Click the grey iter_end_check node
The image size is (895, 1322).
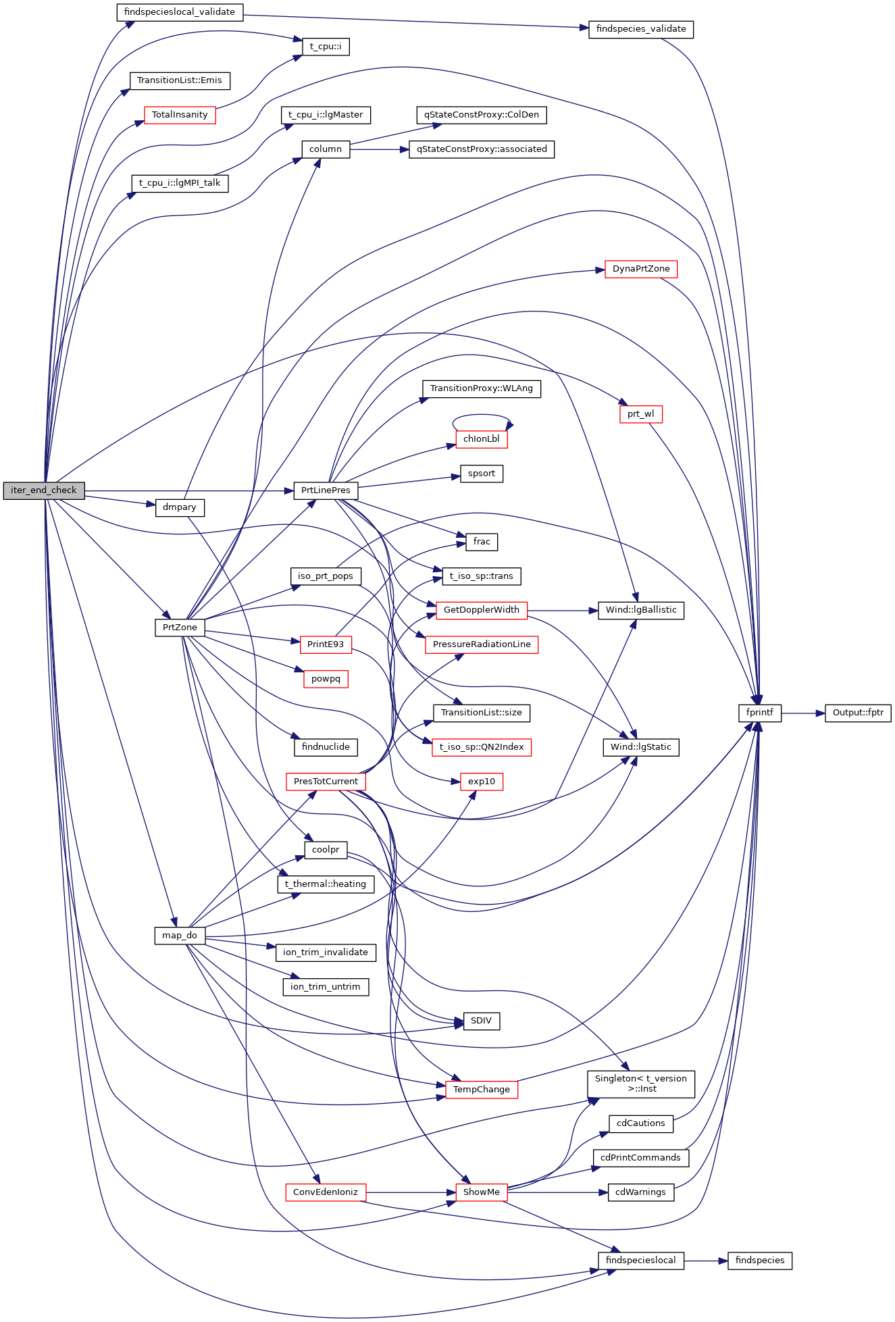click(44, 490)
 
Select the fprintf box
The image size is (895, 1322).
click(760, 713)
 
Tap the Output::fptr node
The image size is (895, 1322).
click(858, 713)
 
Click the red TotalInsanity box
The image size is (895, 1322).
click(180, 115)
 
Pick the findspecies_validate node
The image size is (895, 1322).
click(641, 30)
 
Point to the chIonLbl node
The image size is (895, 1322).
click(482, 439)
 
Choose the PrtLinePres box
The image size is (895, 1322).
click(326, 490)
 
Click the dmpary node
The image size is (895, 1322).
click(180, 507)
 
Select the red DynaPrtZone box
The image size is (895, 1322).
click(641, 269)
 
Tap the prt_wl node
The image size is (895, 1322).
click(641, 414)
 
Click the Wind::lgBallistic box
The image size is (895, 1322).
click(641, 610)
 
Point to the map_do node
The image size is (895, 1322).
click(180, 936)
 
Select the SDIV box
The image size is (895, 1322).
click(482, 1021)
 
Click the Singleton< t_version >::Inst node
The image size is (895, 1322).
click(641, 1084)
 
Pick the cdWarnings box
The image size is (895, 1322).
click(641, 1192)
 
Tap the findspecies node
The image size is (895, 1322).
click(760, 1261)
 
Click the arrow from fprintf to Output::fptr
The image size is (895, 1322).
click(803, 713)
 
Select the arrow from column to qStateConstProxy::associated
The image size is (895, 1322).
click(379, 149)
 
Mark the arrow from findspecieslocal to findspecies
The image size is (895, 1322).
click(706, 1261)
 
